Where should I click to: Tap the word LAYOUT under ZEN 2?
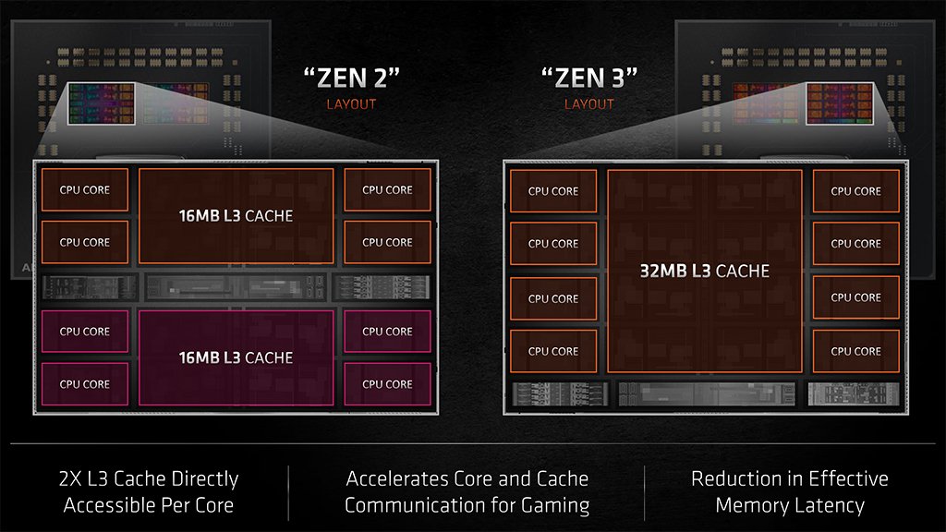tap(351, 104)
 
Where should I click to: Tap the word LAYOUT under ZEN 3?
tap(589, 104)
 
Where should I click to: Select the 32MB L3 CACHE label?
tap(704, 272)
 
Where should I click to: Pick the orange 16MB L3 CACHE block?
tap(236, 216)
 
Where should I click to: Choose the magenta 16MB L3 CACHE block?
tap(236, 357)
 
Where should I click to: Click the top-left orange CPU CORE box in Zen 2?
tap(84, 190)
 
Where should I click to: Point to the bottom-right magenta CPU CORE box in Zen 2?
tap(387, 384)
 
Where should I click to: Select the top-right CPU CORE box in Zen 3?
tap(855, 191)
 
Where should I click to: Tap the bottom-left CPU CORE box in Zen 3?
tap(552, 351)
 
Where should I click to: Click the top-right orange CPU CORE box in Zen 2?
tap(387, 190)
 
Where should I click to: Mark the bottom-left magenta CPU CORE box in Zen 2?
tap(84, 384)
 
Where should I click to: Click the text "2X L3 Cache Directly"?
tap(148, 479)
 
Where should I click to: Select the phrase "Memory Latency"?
tap(789, 505)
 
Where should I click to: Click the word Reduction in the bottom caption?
tap(742, 478)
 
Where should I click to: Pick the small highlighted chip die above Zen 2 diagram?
tap(102, 104)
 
